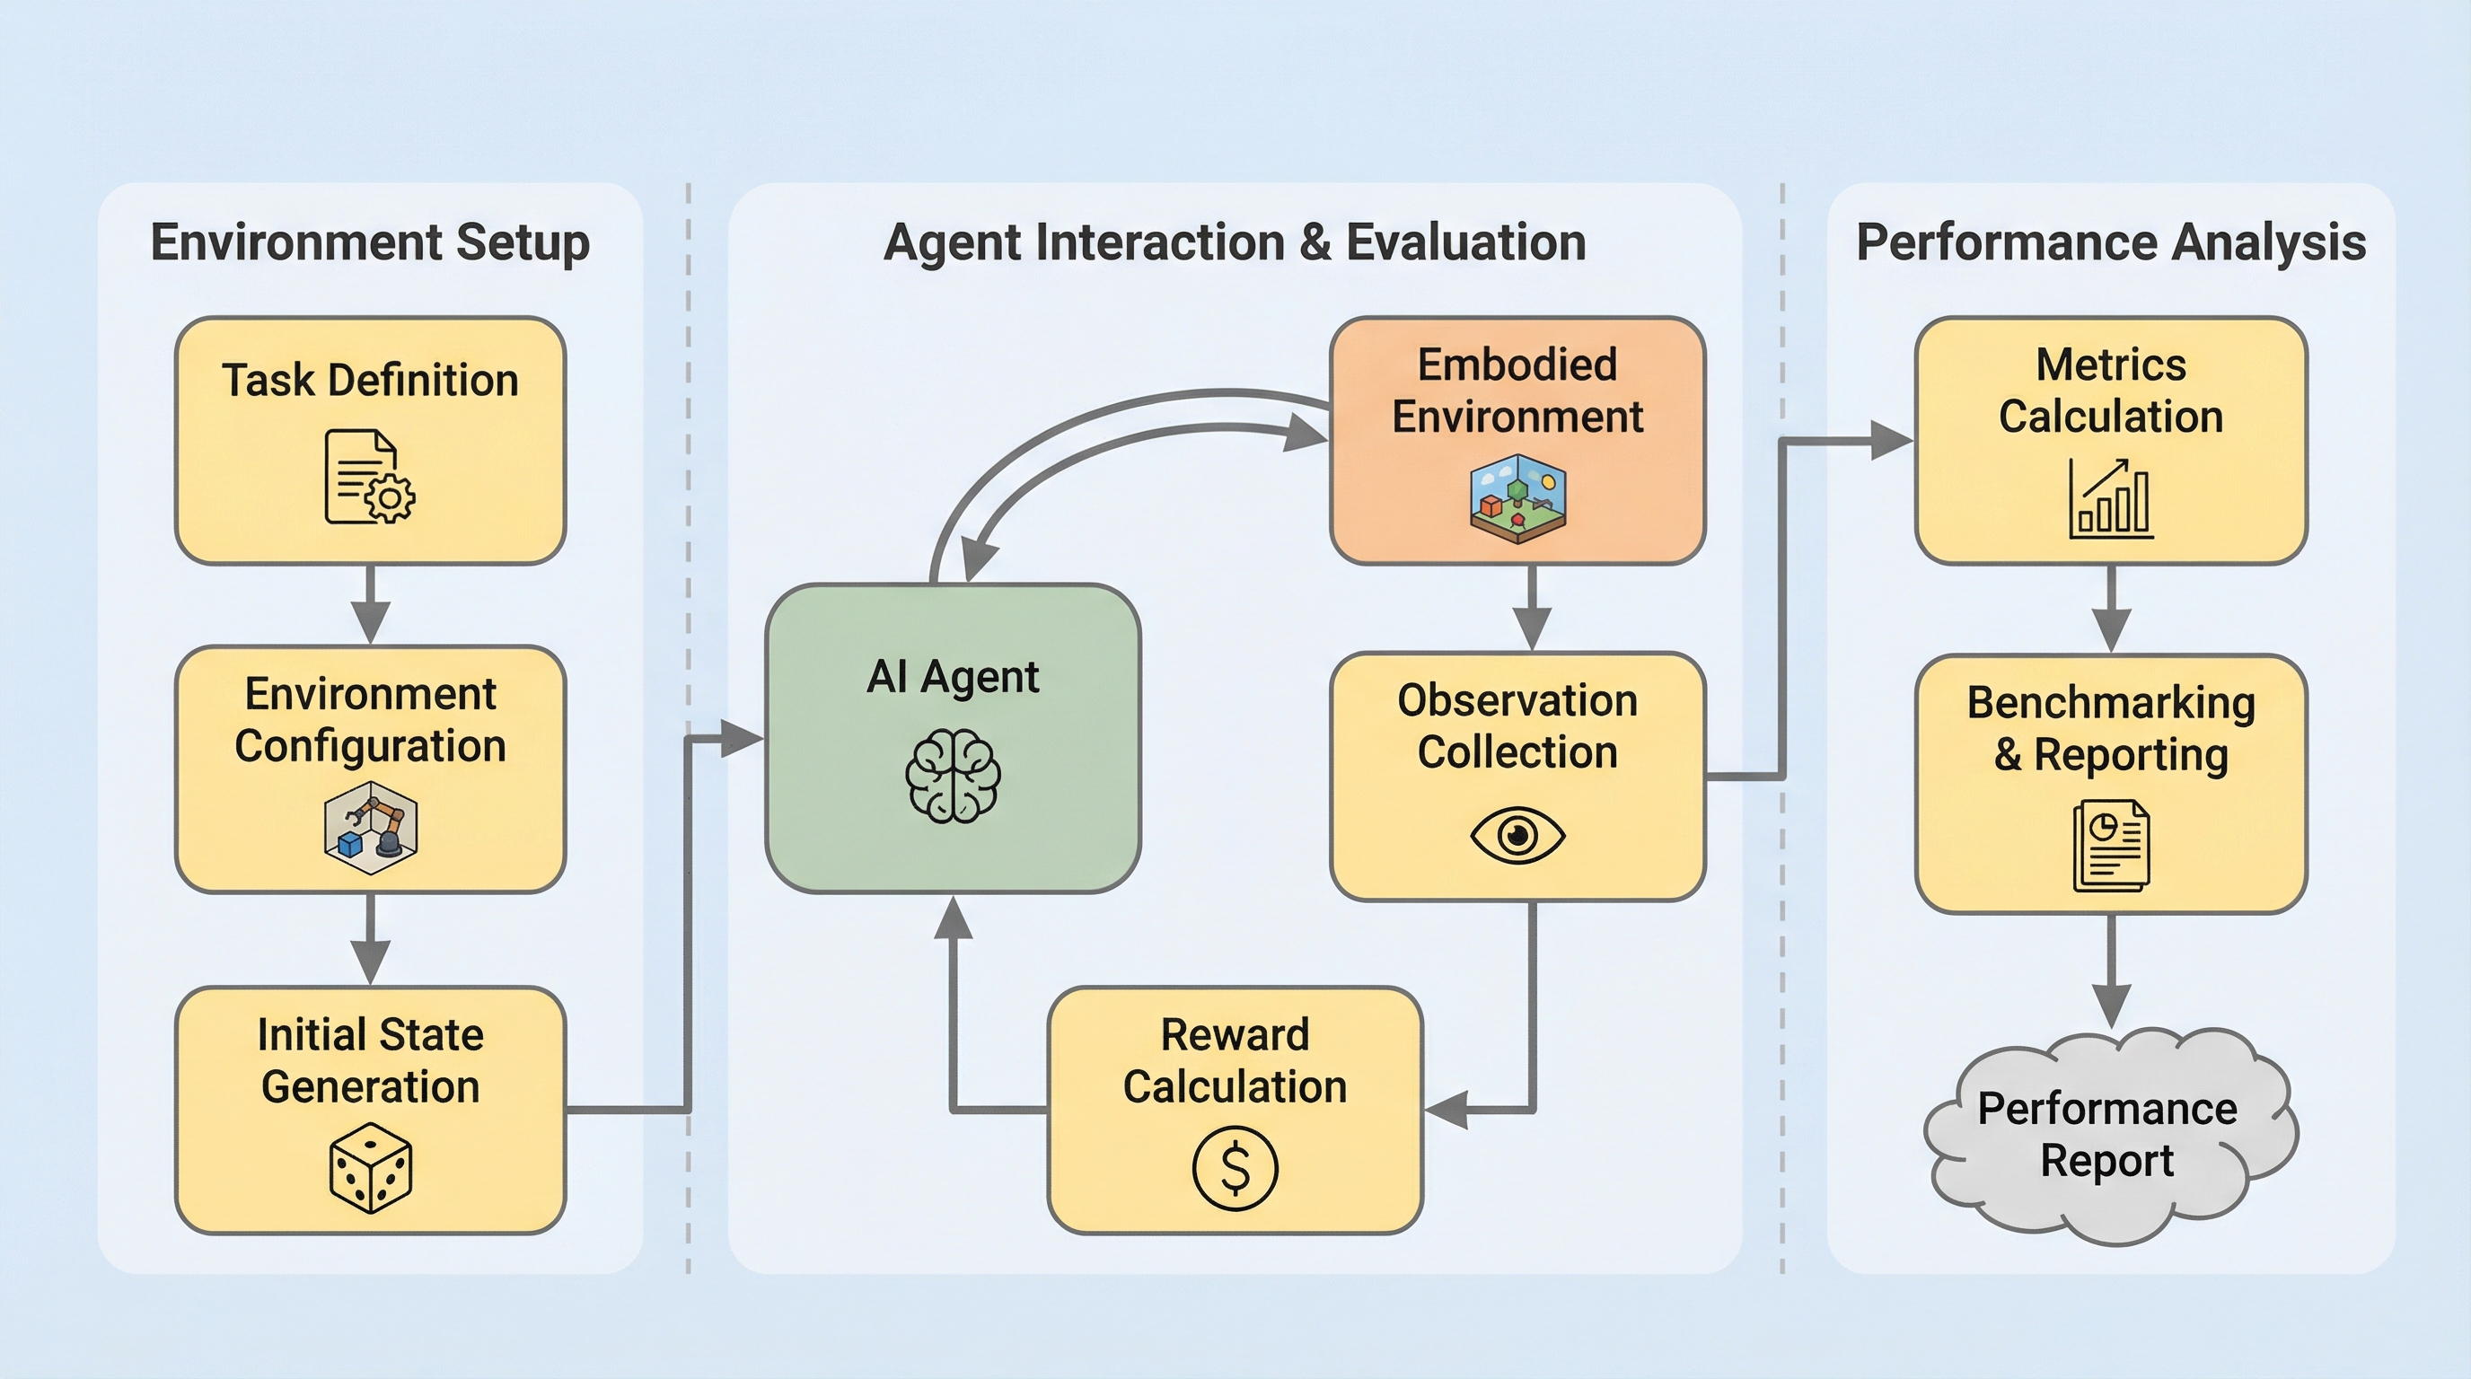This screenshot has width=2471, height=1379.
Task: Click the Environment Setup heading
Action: pyautogui.click(x=370, y=242)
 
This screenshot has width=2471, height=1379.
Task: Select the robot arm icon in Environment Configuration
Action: pyautogui.click(x=370, y=827)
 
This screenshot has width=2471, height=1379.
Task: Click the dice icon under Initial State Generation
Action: pyautogui.click(x=370, y=1168)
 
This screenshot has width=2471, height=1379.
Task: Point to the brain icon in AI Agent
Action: pyautogui.click(x=953, y=776)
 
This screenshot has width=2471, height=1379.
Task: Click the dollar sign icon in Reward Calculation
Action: pyautogui.click(x=1235, y=1168)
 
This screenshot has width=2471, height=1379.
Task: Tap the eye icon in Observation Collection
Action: pyautogui.click(x=1517, y=834)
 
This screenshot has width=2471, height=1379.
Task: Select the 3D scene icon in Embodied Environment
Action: pyautogui.click(x=1517, y=498)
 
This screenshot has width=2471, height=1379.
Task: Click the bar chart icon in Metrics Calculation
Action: pyautogui.click(x=2111, y=498)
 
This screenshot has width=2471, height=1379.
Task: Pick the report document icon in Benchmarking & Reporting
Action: pyautogui.click(x=2111, y=846)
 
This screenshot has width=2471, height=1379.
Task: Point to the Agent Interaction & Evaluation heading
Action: pyautogui.click(x=1235, y=242)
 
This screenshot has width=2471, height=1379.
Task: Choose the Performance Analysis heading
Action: pyautogui.click(x=2111, y=242)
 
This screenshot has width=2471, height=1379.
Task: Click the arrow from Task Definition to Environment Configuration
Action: pyautogui.click(x=370, y=604)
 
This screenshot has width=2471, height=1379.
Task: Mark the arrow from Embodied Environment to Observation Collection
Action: pyautogui.click(x=1532, y=608)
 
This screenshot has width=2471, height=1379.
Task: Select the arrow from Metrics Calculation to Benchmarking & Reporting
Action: pyautogui.click(x=2111, y=609)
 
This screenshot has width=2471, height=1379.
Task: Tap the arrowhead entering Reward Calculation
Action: pyautogui.click(x=1446, y=1110)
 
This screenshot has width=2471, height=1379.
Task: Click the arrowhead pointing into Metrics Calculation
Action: pyautogui.click(x=1893, y=441)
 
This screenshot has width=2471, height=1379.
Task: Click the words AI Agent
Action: pyautogui.click(x=953, y=677)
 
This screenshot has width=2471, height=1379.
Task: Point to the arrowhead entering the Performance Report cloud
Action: pyautogui.click(x=2111, y=1007)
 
